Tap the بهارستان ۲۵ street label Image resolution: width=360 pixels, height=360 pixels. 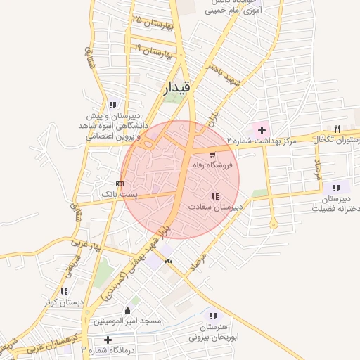(x=148, y=21)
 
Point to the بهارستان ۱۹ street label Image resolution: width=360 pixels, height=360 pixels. (x=153, y=51)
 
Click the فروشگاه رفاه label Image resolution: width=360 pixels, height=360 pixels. (x=213, y=165)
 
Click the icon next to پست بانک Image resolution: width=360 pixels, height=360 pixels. (x=119, y=183)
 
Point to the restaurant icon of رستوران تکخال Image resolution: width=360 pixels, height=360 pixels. (x=337, y=129)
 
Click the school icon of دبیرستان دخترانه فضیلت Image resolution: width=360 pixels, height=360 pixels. (x=337, y=188)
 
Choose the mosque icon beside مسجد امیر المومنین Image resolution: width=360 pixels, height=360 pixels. (x=127, y=311)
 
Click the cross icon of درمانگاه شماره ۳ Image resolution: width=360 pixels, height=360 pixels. (x=108, y=340)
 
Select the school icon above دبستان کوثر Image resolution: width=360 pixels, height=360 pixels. (x=65, y=291)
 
